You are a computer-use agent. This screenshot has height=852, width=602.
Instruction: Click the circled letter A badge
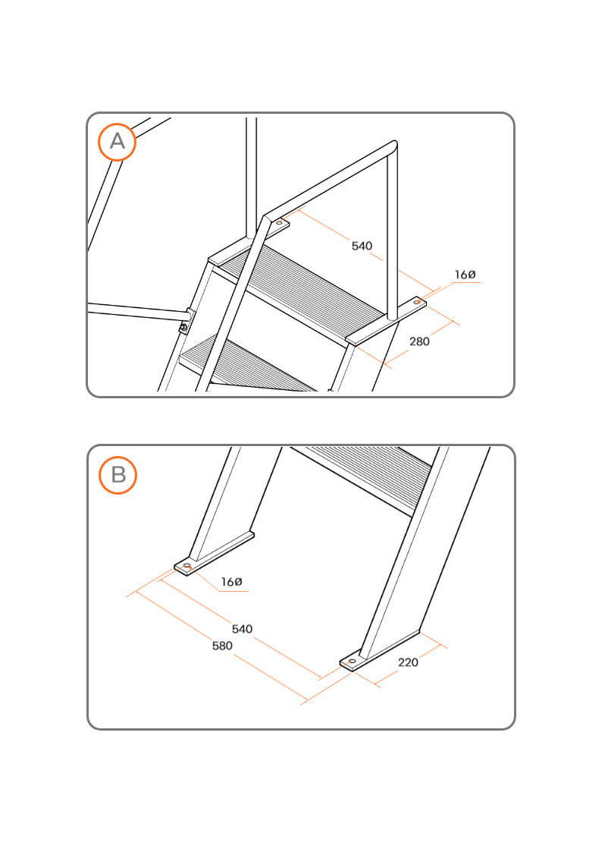118,142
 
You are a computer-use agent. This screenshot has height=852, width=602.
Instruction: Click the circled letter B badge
118,475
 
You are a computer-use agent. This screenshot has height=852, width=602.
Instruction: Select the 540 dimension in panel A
362,246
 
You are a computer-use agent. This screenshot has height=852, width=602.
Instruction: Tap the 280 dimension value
419,341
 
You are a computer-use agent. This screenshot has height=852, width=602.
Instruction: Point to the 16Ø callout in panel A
466,275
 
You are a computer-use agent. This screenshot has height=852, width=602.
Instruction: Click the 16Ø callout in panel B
232,582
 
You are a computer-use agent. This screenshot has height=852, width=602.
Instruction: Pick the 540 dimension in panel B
242,629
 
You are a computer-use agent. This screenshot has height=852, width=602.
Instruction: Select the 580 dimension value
222,646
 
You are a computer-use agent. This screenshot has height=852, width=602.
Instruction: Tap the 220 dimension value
408,662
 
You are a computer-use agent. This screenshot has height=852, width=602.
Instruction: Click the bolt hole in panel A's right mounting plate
417,301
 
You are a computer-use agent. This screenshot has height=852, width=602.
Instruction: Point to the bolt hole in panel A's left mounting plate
280,223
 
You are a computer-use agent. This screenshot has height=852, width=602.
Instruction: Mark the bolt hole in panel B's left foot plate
187,566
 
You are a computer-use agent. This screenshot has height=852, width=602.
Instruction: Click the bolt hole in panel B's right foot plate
352,662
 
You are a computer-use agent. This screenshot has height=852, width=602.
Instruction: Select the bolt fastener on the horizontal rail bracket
184,326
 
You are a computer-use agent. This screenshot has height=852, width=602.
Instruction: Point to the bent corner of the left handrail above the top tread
266,219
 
